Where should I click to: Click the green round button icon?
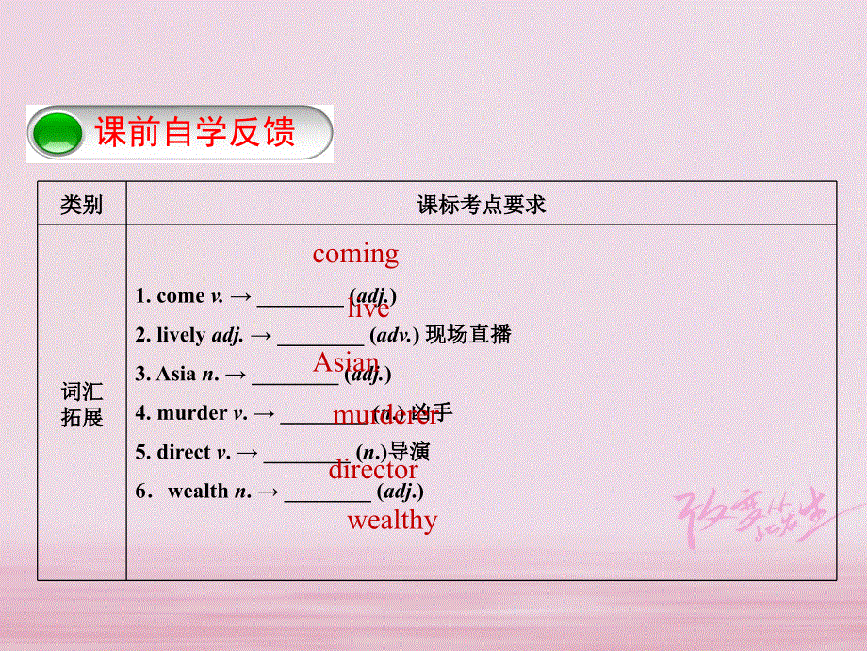tap(58, 134)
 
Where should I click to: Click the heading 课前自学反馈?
tap(195, 132)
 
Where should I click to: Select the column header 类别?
tap(81, 204)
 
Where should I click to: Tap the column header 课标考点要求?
tap(482, 204)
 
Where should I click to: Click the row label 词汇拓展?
tap(82, 404)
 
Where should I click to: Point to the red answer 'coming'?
tap(355, 254)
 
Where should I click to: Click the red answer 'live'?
tap(368, 309)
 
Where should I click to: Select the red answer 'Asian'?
tap(346, 363)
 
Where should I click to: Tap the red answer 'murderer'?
tap(385, 416)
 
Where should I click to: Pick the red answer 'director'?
tap(373, 469)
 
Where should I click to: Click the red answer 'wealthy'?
tap(392, 520)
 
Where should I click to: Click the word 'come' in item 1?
tap(180, 296)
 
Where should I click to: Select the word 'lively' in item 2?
tap(182, 335)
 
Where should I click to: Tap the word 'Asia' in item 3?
tap(176, 374)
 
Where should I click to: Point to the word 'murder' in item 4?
tap(192, 413)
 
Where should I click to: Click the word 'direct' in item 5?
tap(185, 452)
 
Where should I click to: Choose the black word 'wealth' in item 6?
tap(198, 491)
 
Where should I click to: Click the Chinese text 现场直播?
tap(468, 335)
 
